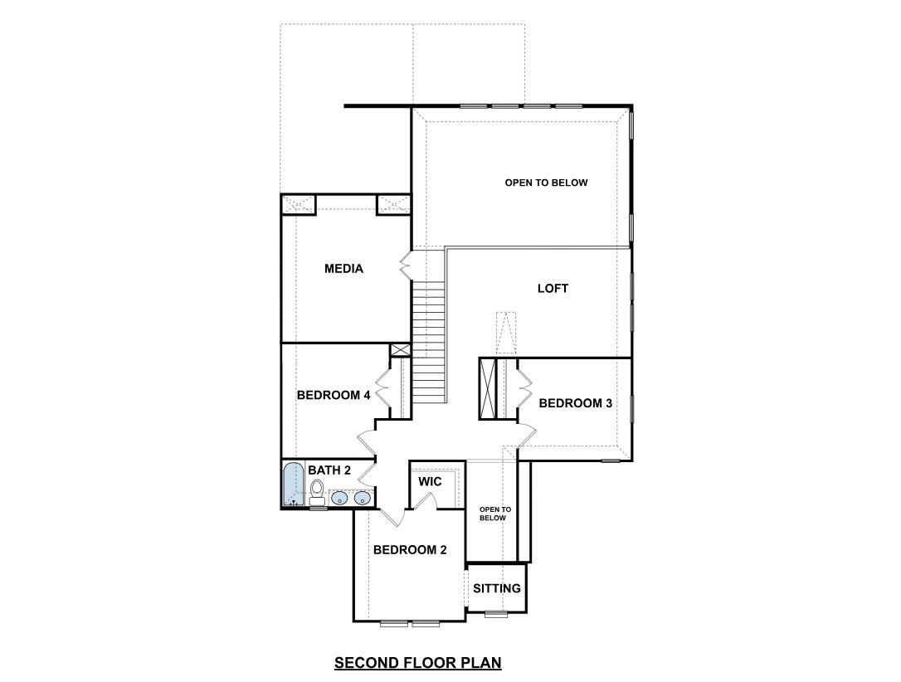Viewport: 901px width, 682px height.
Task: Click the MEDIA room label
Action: [343, 268]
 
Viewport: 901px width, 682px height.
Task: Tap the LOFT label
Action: [553, 289]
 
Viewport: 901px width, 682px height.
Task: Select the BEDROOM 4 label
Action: [334, 395]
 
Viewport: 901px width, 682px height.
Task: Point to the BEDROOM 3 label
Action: [576, 403]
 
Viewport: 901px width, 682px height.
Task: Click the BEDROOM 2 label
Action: [410, 549]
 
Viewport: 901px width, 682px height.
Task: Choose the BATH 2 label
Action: [329, 470]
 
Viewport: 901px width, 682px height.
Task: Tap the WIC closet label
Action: [430, 481]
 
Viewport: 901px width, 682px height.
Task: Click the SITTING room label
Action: [497, 588]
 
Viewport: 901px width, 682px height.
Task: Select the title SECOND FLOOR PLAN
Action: [418, 662]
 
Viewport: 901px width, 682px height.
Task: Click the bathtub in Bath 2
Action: [293, 485]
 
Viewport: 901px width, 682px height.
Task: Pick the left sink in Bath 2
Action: [340, 498]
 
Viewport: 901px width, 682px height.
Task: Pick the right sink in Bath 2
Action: [363, 498]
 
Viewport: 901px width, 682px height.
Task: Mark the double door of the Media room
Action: [406, 265]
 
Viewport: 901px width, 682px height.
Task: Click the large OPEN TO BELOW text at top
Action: [546, 183]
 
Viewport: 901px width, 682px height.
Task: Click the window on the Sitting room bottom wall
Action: [496, 614]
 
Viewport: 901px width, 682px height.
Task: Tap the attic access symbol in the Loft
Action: [506, 332]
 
